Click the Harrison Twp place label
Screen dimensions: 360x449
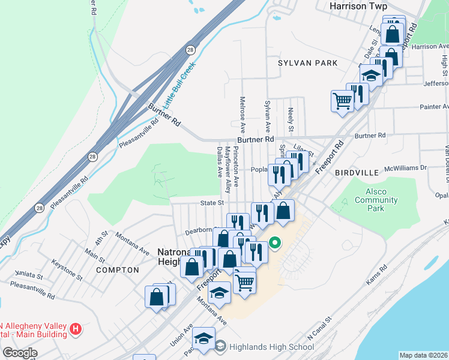click(x=357, y=6)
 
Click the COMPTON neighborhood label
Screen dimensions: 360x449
click(x=117, y=270)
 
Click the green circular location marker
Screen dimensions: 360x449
click(x=275, y=243)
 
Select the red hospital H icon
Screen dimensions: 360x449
click(x=76, y=329)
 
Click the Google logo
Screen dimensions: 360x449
click(x=20, y=353)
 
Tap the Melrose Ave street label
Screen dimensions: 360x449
click(x=243, y=115)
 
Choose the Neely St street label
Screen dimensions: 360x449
click(x=291, y=121)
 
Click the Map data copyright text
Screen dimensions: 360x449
click(x=423, y=355)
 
